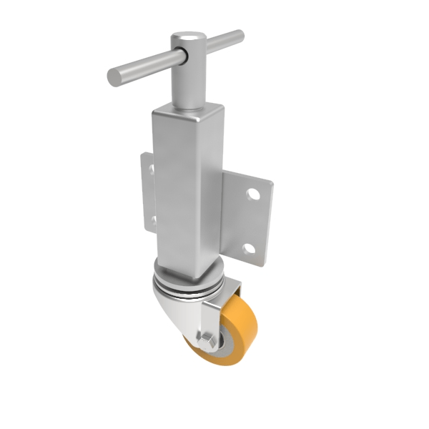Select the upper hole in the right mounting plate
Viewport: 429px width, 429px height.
254,193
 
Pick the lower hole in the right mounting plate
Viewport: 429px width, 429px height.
248,250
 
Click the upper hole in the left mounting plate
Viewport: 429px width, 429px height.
151,169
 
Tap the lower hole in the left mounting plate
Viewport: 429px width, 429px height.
151,218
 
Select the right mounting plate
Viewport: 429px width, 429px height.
247,218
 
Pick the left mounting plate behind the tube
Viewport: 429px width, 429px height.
147,193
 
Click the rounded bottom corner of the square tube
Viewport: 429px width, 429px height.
194,275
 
